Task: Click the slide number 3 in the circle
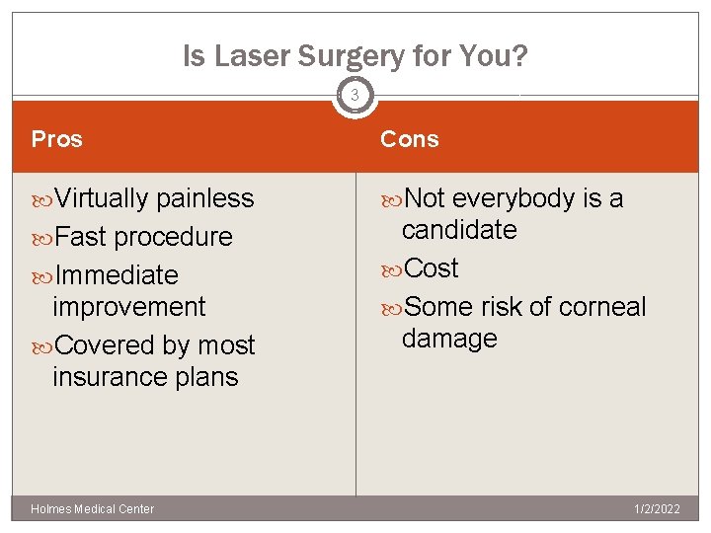click(x=355, y=97)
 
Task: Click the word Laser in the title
click(x=248, y=57)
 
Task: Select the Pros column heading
click(x=57, y=139)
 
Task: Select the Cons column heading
click(x=410, y=139)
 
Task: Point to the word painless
click(x=205, y=198)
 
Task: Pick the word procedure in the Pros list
click(x=173, y=237)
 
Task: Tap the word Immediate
click(x=117, y=274)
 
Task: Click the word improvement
click(x=129, y=306)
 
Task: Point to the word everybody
click(x=514, y=198)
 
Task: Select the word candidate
click(x=459, y=230)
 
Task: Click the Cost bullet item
click(x=432, y=268)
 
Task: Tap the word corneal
click(x=602, y=307)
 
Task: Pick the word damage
click(x=449, y=339)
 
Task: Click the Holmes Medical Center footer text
click(x=93, y=509)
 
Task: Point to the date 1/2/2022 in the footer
click(x=656, y=509)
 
